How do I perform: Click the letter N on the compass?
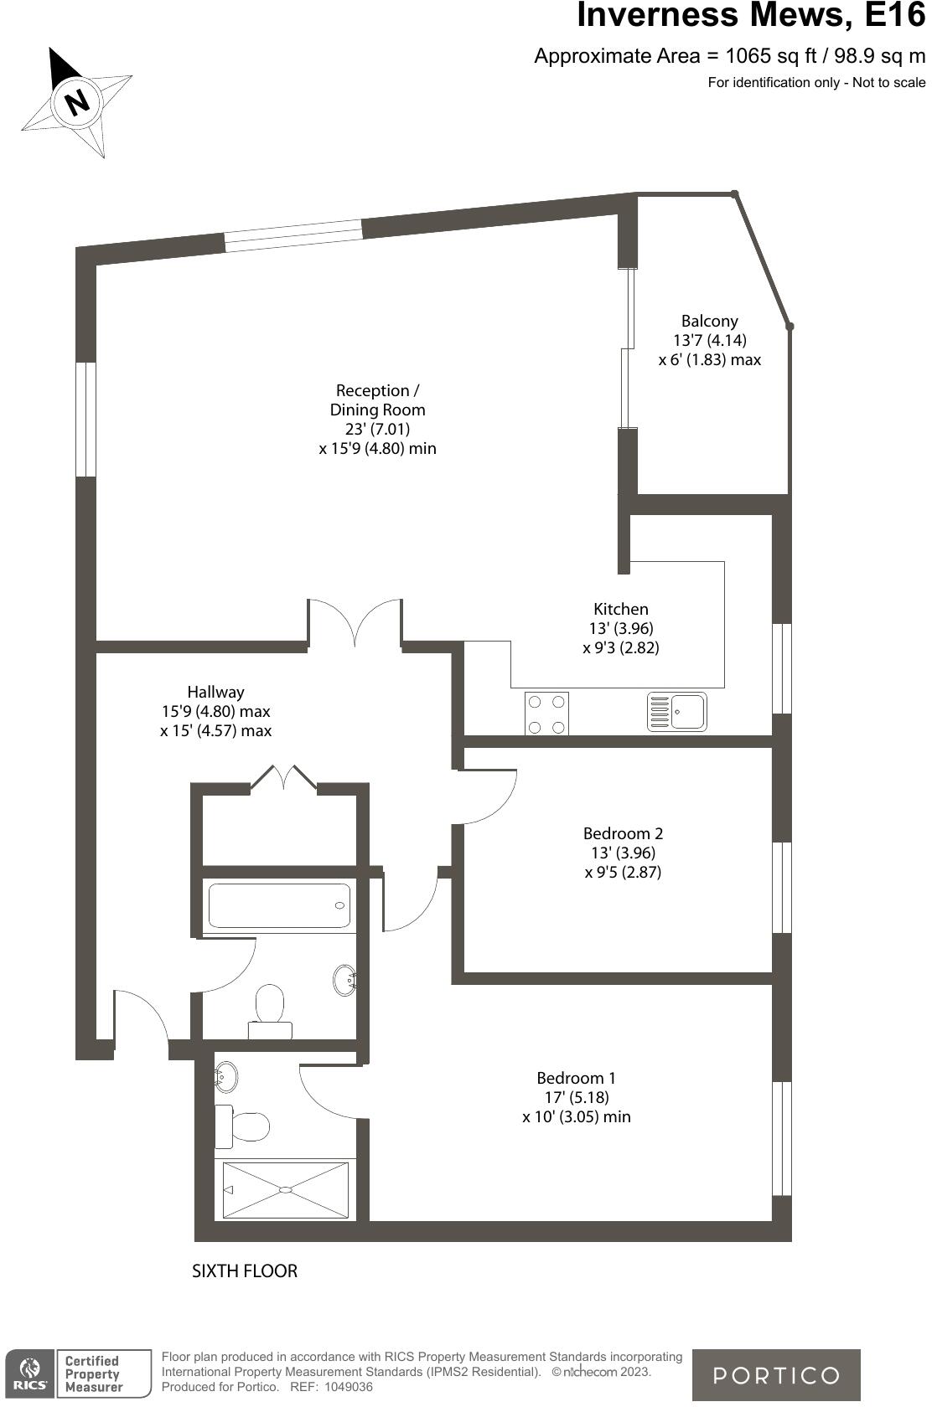(x=77, y=102)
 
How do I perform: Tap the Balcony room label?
(x=709, y=321)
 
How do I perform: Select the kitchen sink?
(x=677, y=712)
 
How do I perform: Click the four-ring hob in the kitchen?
(x=546, y=714)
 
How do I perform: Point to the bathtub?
(x=279, y=905)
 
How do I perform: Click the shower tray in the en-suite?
(x=285, y=1190)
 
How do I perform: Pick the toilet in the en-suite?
(x=242, y=1126)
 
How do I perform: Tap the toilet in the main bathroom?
(x=270, y=1009)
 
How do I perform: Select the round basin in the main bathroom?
(x=345, y=979)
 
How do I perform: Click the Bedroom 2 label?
(x=623, y=833)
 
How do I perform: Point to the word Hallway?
(x=215, y=692)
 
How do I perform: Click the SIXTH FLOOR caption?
(x=245, y=1270)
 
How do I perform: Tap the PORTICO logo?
(x=775, y=1375)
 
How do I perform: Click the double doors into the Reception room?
(x=355, y=624)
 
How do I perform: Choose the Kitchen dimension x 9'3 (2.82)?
(x=621, y=647)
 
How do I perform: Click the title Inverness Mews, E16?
(x=751, y=17)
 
